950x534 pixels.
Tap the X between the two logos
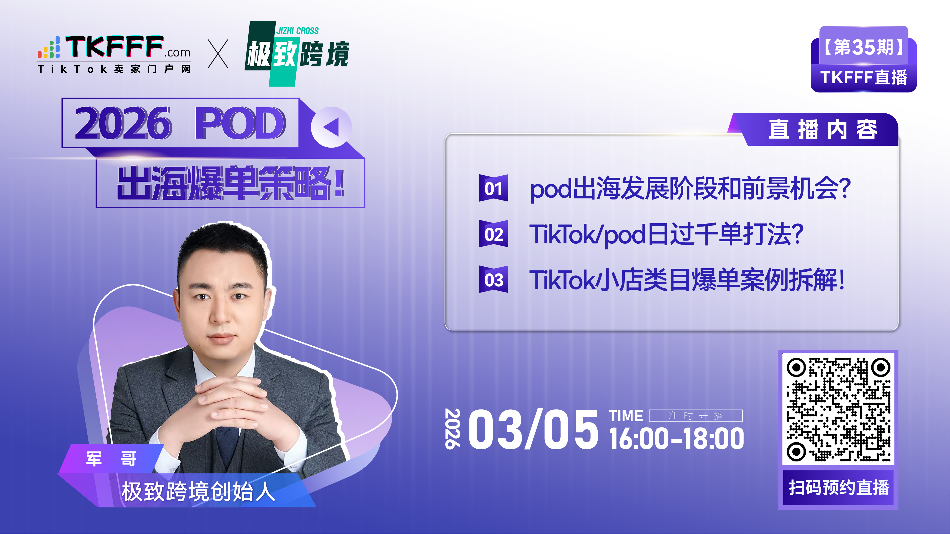tap(218, 54)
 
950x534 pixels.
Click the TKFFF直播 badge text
tap(863, 77)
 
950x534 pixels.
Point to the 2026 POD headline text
tap(180, 123)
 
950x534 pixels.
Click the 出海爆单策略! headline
tap(231, 183)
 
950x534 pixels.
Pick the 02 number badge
tap(493, 234)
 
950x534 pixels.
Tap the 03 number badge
tap(493, 279)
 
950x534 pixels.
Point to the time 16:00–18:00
tap(676, 439)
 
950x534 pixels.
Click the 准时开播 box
tap(695, 416)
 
